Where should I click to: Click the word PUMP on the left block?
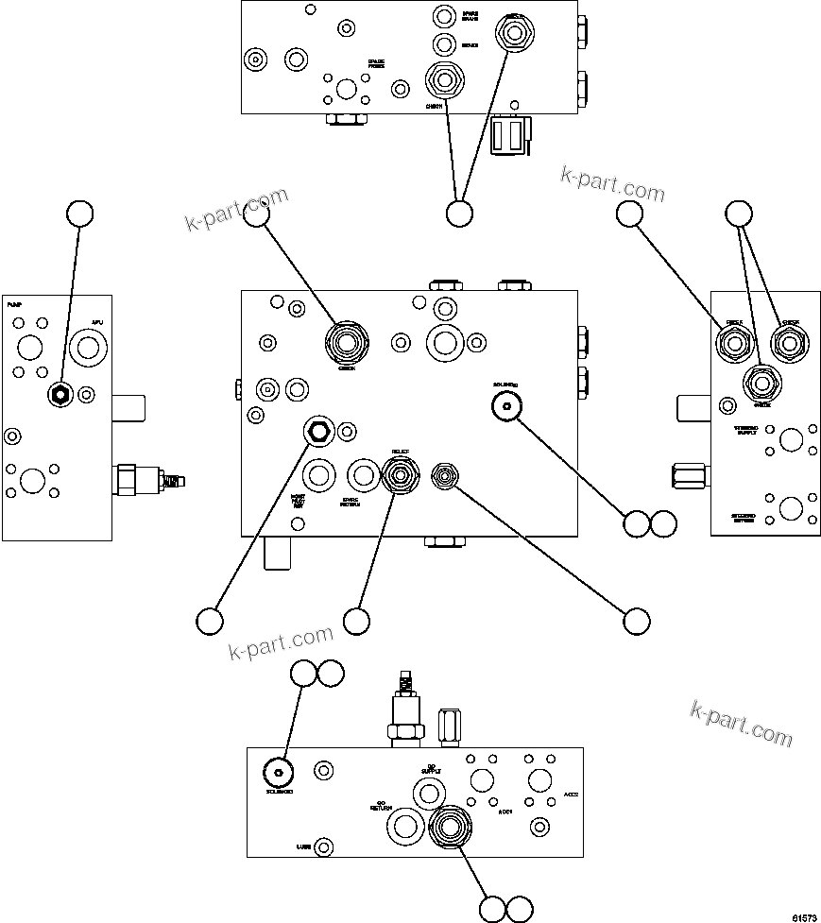click(x=14, y=306)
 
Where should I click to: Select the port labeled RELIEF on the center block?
click(x=401, y=474)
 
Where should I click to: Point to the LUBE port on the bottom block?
click(x=323, y=846)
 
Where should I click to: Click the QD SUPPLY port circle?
click(x=480, y=780)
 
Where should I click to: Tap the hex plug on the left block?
click(x=60, y=395)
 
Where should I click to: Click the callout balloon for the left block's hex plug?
click(x=80, y=214)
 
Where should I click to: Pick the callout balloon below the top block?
click(x=459, y=214)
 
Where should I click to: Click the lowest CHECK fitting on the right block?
click(x=761, y=384)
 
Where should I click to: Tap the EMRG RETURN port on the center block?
click(x=363, y=475)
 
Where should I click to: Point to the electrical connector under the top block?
click(x=510, y=132)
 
